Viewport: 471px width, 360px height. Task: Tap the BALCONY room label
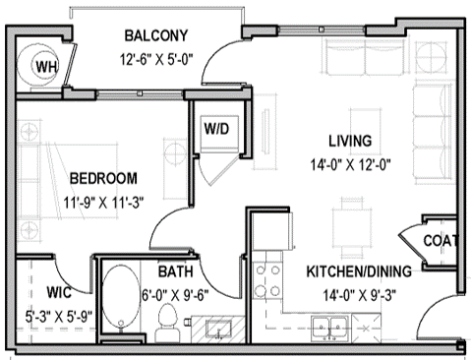tap(156, 36)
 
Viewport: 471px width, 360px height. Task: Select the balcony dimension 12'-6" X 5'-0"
tap(157, 58)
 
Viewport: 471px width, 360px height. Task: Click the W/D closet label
tap(215, 128)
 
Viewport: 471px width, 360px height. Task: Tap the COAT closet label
tap(440, 241)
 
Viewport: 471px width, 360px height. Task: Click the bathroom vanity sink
tap(215, 328)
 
